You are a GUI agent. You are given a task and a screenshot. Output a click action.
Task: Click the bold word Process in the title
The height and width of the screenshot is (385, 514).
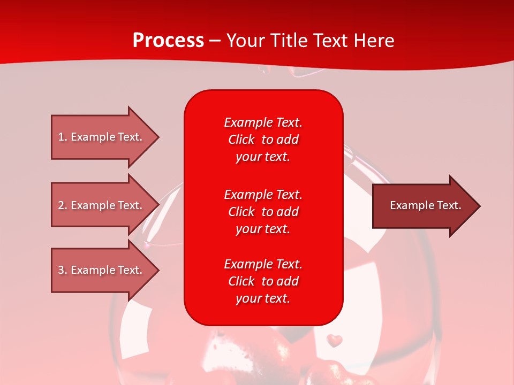click(x=168, y=41)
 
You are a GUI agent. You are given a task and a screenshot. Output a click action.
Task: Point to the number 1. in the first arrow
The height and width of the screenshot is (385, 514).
click(x=63, y=137)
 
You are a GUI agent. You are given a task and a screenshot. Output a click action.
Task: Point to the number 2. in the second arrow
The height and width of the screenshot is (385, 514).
click(x=63, y=205)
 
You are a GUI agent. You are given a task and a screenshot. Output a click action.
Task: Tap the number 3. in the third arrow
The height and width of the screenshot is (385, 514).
click(x=63, y=270)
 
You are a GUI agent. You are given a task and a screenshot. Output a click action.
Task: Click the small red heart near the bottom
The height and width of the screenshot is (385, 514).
click(x=335, y=340)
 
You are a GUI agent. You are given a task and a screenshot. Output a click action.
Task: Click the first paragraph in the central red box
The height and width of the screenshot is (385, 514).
click(x=263, y=140)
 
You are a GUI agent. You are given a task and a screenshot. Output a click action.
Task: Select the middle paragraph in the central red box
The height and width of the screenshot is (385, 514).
click(x=263, y=212)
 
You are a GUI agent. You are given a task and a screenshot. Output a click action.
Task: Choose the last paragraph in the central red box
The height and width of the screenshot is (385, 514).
click(x=263, y=281)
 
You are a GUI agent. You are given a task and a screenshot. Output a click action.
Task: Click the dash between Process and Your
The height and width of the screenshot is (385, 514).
click(x=215, y=41)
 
